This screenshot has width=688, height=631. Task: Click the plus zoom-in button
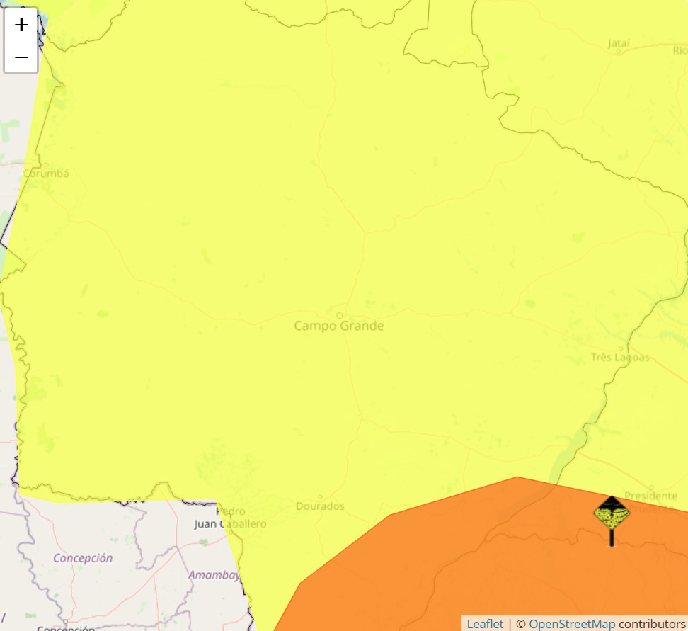point(21,25)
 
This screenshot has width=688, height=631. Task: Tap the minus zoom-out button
point(21,57)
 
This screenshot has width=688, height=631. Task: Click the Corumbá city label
point(46,173)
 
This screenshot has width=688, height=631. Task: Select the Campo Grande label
point(339,326)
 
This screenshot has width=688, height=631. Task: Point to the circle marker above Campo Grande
point(339,315)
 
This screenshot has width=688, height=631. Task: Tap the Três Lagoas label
point(620,357)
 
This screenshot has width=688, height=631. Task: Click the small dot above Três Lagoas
point(621,348)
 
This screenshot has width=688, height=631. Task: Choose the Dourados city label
point(320,506)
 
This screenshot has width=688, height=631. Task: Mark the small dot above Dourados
point(320,497)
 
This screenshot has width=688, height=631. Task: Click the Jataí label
point(619,43)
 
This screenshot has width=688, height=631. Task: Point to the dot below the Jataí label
point(619,51)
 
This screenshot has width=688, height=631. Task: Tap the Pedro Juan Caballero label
point(230,518)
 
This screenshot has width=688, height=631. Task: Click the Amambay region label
point(214,575)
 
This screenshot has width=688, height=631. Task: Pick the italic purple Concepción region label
point(83,558)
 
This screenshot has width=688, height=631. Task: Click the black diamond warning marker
point(612,513)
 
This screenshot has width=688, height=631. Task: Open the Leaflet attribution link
point(485,624)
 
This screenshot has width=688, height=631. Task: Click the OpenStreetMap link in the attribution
point(572,624)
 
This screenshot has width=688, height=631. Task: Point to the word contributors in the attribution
point(651,624)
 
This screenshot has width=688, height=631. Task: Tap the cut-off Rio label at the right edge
point(680,50)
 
